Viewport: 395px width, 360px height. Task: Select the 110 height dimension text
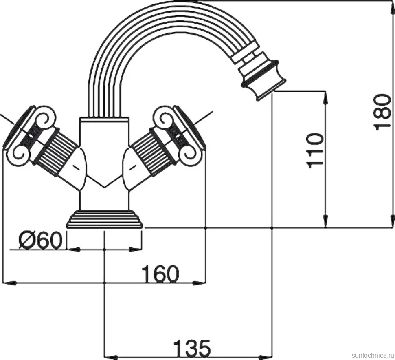pos(314,150)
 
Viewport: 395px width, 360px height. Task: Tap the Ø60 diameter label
pos(40,240)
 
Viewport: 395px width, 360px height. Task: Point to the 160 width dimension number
pos(160,274)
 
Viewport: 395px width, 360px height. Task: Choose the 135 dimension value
pos(192,348)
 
